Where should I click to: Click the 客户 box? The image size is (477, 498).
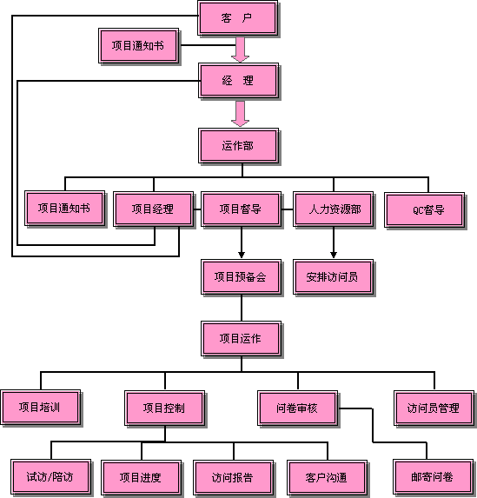click(237, 18)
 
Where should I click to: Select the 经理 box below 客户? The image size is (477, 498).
click(238, 81)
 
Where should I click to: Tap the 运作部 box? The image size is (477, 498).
click(238, 146)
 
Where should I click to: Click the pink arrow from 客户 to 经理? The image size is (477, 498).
click(240, 50)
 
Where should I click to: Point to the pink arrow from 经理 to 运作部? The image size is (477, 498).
click(240, 114)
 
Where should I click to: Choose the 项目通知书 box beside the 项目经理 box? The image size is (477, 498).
click(65, 209)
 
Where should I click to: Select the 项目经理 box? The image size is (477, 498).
click(154, 209)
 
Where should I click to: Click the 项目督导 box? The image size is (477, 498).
click(241, 209)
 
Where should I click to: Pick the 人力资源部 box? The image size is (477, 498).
click(333, 209)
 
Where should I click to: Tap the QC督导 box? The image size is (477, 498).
click(425, 210)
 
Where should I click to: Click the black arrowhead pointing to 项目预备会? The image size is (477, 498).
click(242, 255)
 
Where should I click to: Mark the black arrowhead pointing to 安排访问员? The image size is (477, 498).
click(334, 255)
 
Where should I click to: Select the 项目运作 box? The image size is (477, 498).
click(241, 339)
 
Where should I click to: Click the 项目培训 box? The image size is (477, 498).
click(41, 408)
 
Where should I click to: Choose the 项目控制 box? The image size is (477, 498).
click(165, 408)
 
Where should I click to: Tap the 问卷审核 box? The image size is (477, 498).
click(297, 408)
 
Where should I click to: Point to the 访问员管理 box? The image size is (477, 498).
click(434, 408)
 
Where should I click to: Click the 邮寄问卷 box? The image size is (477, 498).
click(434, 477)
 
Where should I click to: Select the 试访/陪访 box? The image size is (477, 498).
click(50, 477)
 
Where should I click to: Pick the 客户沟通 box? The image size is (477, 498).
click(327, 478)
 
